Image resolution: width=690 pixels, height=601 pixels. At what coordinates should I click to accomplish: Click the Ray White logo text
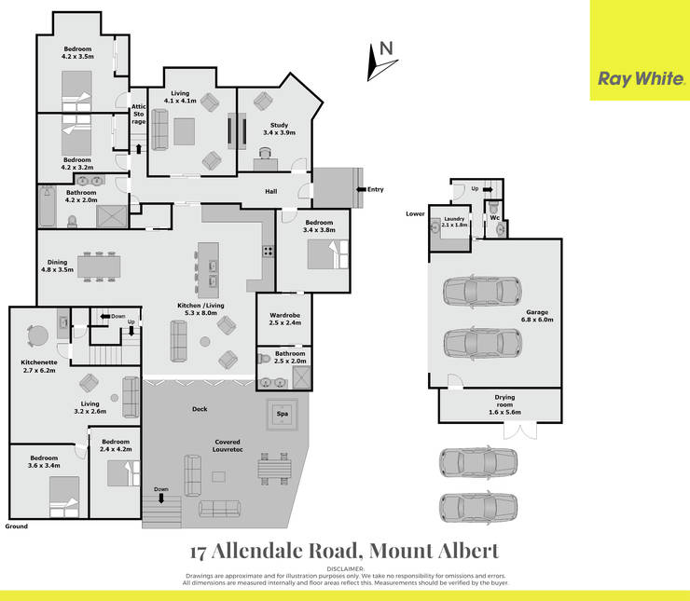point(641,79)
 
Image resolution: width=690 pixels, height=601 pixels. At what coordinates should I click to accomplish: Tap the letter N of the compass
point(386,48)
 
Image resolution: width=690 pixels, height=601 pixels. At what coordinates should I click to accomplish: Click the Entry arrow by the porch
point(361,189)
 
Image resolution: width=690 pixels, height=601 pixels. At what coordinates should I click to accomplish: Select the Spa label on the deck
point(283,414)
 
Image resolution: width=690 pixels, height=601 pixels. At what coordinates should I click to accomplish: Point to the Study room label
point(280,129)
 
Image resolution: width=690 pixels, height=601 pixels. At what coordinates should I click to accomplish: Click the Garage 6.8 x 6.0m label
point(537,316)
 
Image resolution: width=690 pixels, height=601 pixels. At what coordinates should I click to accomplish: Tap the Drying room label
point(504,404)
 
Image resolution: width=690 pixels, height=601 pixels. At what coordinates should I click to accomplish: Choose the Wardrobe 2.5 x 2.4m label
point(285,319)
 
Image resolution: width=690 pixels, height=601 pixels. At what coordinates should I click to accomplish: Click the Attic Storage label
point(139,114)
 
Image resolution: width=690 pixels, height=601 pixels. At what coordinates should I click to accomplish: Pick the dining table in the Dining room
point(99,266)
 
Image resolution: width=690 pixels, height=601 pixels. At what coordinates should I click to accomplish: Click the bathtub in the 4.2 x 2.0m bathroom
point(47,206)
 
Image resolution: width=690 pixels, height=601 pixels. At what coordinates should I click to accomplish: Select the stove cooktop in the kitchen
point(268,251)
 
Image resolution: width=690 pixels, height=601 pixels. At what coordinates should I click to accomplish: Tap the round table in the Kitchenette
point(37,335)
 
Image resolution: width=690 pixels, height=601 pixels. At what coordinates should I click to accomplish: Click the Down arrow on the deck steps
point(161,498)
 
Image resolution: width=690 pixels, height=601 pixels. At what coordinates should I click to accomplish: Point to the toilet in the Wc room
point(493,207)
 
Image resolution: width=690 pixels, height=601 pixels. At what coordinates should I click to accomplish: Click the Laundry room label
point(455,222)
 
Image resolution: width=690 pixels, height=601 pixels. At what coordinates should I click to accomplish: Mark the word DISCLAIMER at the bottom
point(345,569)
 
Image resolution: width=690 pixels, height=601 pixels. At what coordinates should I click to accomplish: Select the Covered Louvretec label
point(228,445)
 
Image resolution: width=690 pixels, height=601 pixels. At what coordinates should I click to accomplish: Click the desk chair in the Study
point(265,153)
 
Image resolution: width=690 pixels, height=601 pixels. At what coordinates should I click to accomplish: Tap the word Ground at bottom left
point(16,526)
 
